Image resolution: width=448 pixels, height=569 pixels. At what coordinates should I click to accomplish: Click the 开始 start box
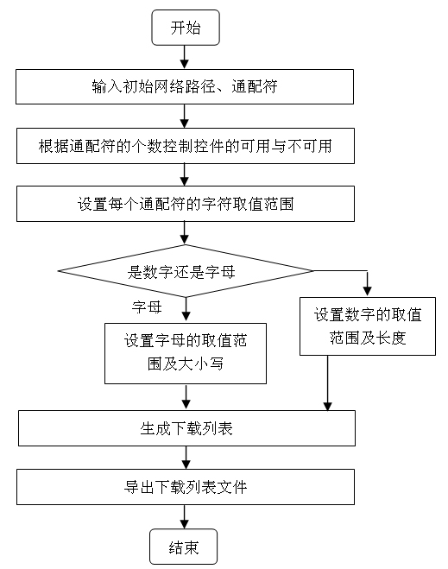coord(186,28)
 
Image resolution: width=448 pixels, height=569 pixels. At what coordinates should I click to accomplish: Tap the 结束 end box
coord(184,547)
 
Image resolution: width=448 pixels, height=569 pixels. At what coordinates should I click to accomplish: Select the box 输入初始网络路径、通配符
coord(185,86)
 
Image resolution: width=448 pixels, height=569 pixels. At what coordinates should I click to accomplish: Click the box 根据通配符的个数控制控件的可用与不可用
coord(186,146)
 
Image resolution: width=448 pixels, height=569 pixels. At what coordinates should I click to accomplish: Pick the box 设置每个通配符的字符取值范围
coord(186,204)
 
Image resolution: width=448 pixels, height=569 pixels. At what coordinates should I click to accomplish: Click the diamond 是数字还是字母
coord(185,271)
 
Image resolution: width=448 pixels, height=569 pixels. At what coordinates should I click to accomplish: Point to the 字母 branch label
coord(147,307)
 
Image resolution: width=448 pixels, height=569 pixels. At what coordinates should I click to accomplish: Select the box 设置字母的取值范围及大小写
coord(186,353)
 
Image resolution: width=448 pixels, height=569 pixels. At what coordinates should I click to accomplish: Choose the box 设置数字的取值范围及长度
coord(368,326)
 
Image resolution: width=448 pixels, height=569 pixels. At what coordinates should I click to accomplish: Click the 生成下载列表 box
coord(186,428)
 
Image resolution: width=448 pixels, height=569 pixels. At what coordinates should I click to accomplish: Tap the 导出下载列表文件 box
coord(186,487)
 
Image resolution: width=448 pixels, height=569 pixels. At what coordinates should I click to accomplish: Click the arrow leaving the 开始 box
coord(185,57)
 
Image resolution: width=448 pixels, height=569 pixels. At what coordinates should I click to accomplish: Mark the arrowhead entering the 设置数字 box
coord(368,291)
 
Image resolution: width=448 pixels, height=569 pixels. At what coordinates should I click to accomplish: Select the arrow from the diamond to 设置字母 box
coord(186,309)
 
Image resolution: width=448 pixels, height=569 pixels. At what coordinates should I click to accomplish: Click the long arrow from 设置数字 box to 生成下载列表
coord(327,382)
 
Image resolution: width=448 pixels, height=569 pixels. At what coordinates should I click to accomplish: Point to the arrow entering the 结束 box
coord(185,516)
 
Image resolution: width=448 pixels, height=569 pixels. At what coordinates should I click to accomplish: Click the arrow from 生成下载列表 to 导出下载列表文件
coord(186,458)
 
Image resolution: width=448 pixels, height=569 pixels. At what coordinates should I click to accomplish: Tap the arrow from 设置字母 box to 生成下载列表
coord(186,397)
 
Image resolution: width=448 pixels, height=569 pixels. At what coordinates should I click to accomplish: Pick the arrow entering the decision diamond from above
coord(185,232)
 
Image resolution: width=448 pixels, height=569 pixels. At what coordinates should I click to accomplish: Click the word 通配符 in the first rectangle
coord(255,86)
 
